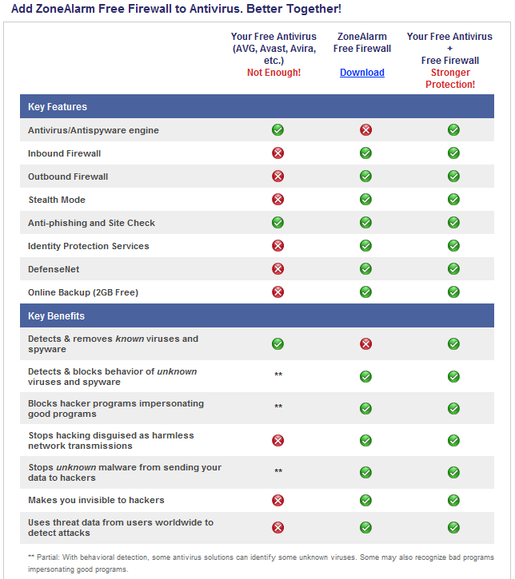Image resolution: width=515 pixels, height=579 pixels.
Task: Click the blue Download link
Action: [362, 73]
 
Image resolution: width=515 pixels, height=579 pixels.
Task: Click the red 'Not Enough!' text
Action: [273, 73]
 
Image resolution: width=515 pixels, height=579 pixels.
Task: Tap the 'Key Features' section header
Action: [58, 107]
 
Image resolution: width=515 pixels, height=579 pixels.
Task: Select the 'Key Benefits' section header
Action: [56, 316]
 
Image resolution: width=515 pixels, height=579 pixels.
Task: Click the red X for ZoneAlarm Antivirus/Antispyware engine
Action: [365, 130]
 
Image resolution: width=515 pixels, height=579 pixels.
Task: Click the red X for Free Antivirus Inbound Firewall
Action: [277, 153]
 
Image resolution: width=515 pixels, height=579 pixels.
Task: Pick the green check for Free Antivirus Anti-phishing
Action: [277, 223]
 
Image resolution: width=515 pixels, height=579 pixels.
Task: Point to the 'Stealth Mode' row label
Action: [56, 200]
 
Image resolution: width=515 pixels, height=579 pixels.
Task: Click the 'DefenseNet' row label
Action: [54, 269]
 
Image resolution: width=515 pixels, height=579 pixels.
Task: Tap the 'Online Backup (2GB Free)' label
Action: [83, 292]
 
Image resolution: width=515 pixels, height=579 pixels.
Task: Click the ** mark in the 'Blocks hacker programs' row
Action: [278, 407]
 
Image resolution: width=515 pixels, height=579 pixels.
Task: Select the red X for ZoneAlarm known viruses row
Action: [365, 343]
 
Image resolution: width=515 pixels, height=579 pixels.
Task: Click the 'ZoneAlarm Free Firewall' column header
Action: [362, 42]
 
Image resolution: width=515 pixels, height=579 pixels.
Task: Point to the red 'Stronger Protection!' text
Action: [450, 78]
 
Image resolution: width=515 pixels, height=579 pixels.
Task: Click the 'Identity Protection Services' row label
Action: [89, 246]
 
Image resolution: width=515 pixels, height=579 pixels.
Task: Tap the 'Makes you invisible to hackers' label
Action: [96, 500]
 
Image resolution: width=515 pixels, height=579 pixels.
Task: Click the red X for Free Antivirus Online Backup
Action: [277, 292]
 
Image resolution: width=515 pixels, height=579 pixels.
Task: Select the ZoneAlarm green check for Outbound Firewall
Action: [365, 176]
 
